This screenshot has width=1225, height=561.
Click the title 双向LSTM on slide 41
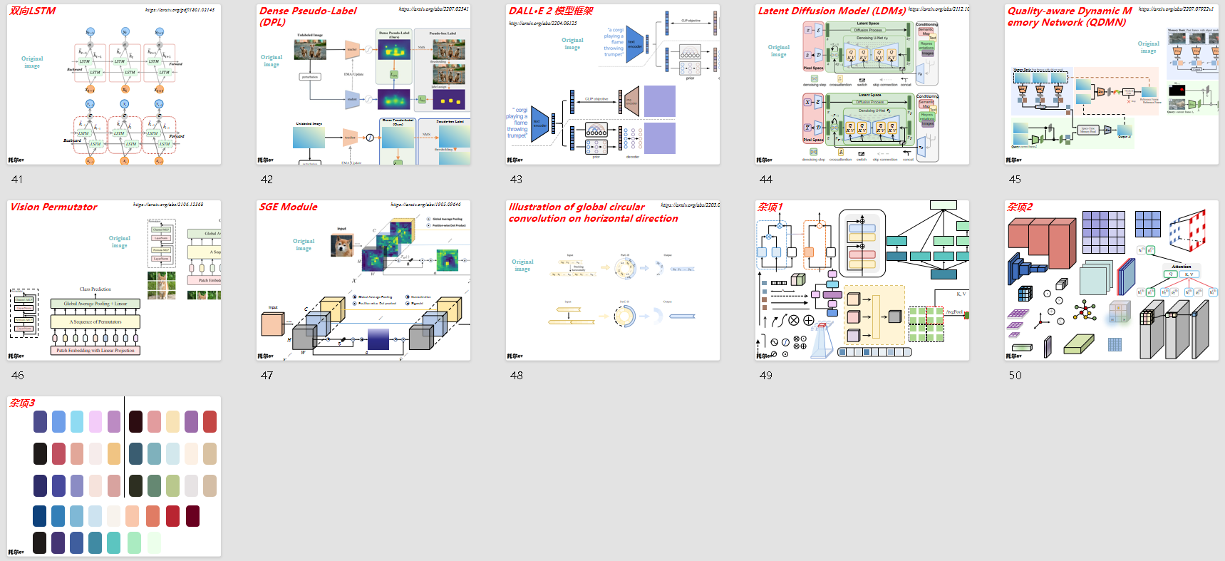(x=33, y=11)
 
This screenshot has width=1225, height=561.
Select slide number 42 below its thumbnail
(x=267, y=180)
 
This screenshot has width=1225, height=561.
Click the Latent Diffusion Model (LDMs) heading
(x=832, y=11)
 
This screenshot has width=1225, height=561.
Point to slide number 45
(x=1015, y=180)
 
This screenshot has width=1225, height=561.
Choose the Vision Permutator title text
(x=54, y=207)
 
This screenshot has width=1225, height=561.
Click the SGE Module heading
(x=289, y=207)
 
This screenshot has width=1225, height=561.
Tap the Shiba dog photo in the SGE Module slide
(x=341, y=245)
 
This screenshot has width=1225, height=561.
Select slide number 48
(x=516, y=376)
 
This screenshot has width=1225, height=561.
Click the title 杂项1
(x=770, y=207)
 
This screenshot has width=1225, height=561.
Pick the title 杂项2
(x=1019, y=207)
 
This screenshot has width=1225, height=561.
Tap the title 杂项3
(x=22, y=403)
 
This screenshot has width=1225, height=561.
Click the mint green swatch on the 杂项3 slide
(x=133, y=542)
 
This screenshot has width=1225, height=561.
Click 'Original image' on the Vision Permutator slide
(x=119, y=242)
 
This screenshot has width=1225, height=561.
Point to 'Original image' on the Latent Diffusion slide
(x=778, y=51)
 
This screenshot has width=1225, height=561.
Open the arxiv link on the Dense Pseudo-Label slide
(x=433, y=9)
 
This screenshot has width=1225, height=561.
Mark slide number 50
(x=1015, y=376)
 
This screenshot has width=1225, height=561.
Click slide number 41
(x=17, y=180)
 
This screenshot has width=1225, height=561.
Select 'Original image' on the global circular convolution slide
(x=522, y=265)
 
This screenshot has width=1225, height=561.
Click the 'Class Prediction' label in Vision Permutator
(x=95, y=289)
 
